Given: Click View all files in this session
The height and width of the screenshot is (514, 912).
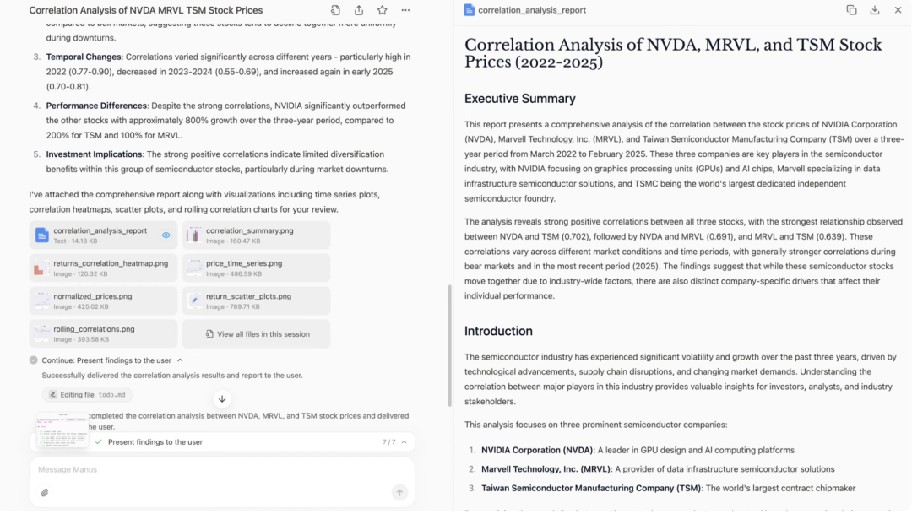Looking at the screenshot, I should click(257, 334).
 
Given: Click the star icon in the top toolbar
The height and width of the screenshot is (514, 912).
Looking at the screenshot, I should click(383, 10).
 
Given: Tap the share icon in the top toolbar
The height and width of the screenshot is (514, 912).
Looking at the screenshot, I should click(359, 10).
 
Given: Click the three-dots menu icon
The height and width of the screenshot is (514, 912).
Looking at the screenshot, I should click(405, 10).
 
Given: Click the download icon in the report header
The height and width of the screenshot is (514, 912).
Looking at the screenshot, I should click(875, 10).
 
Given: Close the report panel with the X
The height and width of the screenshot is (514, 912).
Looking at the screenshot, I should click(898, 10).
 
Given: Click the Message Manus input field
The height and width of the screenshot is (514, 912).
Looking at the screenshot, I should click(211, 469).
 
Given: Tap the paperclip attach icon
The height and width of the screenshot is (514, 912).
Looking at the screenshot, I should click(45, 493).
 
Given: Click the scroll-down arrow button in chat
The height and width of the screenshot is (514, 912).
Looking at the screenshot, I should click(222, 399).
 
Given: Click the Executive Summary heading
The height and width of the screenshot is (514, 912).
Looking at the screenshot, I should click(519, 99).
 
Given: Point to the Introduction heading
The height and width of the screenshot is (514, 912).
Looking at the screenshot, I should click(498, 331).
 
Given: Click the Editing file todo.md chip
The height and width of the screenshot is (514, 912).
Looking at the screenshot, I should click(88, 394).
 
